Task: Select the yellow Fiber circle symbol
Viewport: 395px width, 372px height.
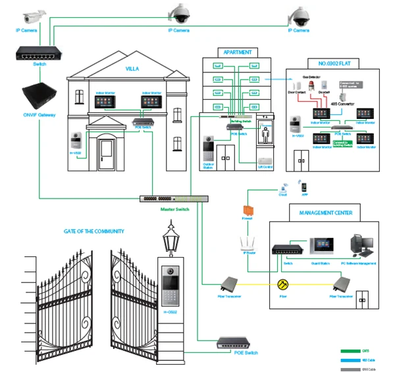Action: pos(284,285)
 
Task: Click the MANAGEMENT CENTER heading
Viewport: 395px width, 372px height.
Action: pos(325,213)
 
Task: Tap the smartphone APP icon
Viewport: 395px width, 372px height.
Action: pos(303,186)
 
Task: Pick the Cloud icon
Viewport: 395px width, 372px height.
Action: pos(284,187)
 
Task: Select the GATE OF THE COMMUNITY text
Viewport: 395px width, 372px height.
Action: pos(93,231)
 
